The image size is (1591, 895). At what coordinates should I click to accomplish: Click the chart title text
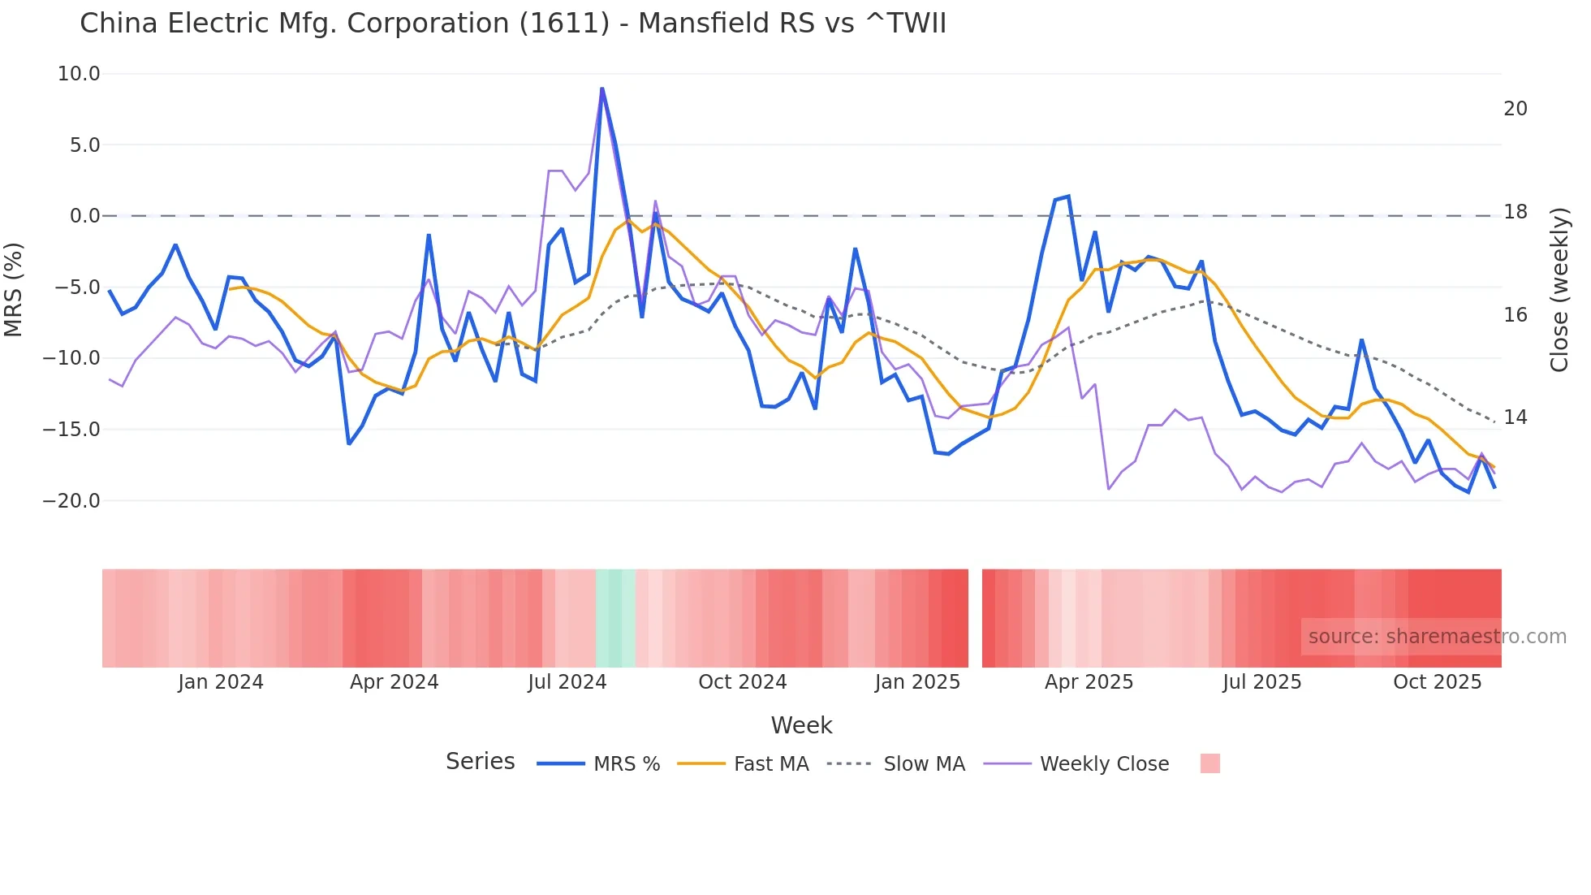point(512,24)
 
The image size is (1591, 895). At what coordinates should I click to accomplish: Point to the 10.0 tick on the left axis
point(79,74)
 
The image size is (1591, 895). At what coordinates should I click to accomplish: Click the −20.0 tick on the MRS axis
point(71,501)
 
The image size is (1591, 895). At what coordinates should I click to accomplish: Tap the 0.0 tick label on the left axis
point(84,216)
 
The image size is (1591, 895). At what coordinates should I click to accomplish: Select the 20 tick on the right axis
point(1516,109)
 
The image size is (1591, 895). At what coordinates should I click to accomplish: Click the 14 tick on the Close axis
point(1516,417)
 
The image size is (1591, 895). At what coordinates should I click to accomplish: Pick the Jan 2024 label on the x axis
point(221,682)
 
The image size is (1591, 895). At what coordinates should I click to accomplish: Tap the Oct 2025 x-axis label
point(1437,682)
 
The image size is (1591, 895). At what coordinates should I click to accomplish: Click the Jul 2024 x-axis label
point(567,682)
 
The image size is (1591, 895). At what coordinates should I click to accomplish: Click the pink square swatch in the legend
point(1209,763)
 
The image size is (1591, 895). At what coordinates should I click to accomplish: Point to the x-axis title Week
point(801,725)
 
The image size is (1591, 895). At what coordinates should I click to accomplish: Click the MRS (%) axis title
point(14,289)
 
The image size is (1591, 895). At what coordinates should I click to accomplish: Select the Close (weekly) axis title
point(1559,289)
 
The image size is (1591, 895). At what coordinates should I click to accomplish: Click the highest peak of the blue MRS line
point(601,89)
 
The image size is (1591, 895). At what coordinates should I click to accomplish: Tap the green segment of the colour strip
point(615,618)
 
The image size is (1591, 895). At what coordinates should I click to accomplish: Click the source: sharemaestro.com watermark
point(1437,637)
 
